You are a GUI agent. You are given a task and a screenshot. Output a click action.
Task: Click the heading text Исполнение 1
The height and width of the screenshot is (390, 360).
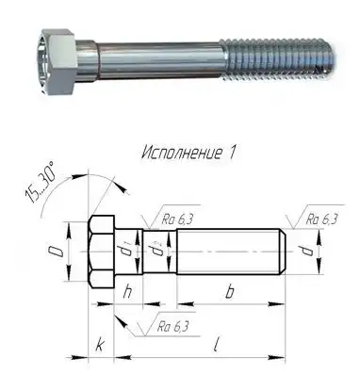pos(188,153)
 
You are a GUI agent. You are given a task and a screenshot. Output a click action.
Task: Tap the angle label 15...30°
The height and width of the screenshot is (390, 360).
pos(41,183)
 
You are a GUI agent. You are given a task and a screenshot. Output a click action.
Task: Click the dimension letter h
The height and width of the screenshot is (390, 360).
pos(127,292)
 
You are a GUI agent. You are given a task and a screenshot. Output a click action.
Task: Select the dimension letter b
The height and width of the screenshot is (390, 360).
pos(230,292)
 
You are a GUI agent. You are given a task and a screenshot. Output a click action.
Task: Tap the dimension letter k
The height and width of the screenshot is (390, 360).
pos(100,345)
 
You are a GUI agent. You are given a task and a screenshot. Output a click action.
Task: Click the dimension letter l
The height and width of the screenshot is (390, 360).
pos(216,345)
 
